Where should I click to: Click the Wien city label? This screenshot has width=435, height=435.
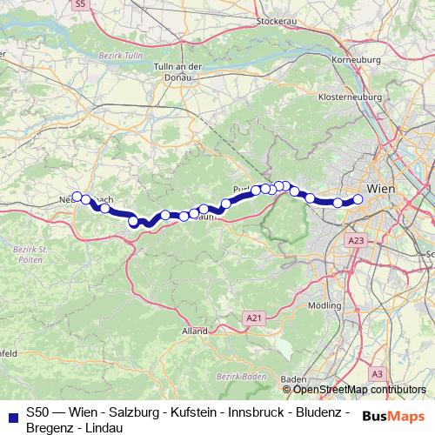click(x=383, y=188)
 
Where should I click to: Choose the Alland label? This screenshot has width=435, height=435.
click(x=194, y=331)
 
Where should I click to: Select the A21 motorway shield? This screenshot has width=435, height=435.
click(x=253, y=318)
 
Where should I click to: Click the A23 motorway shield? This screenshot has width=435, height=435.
click(x=355, y=239)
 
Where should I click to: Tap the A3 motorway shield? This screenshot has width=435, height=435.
click(x=377, y=373)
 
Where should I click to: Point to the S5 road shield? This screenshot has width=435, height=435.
click(x=81, y=4)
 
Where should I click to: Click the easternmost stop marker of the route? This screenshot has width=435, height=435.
click(x=358, y=199)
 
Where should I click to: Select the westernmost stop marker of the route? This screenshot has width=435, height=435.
click(x=77, y=197)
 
